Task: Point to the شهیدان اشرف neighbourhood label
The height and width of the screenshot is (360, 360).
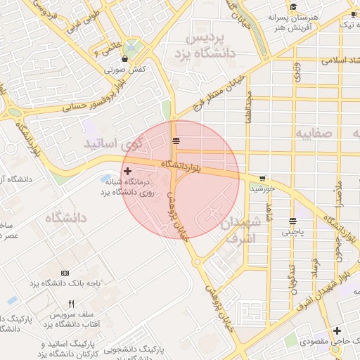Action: click(x=240, y=231)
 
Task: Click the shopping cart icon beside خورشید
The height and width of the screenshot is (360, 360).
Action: click(x=262, y=179)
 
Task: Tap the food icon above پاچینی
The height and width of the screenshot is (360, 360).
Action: click(x=292, y=221)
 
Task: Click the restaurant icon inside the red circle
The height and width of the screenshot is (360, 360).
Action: click(x=176, y=141)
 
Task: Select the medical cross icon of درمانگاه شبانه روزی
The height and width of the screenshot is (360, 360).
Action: click(x=127, y=171)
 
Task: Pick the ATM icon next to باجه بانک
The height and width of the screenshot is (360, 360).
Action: click(x=65, y=272)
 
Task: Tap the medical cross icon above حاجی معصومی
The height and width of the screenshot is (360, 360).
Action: click(x=337, y=330)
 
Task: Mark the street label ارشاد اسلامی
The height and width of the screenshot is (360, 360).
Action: click(x=337, y=60)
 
